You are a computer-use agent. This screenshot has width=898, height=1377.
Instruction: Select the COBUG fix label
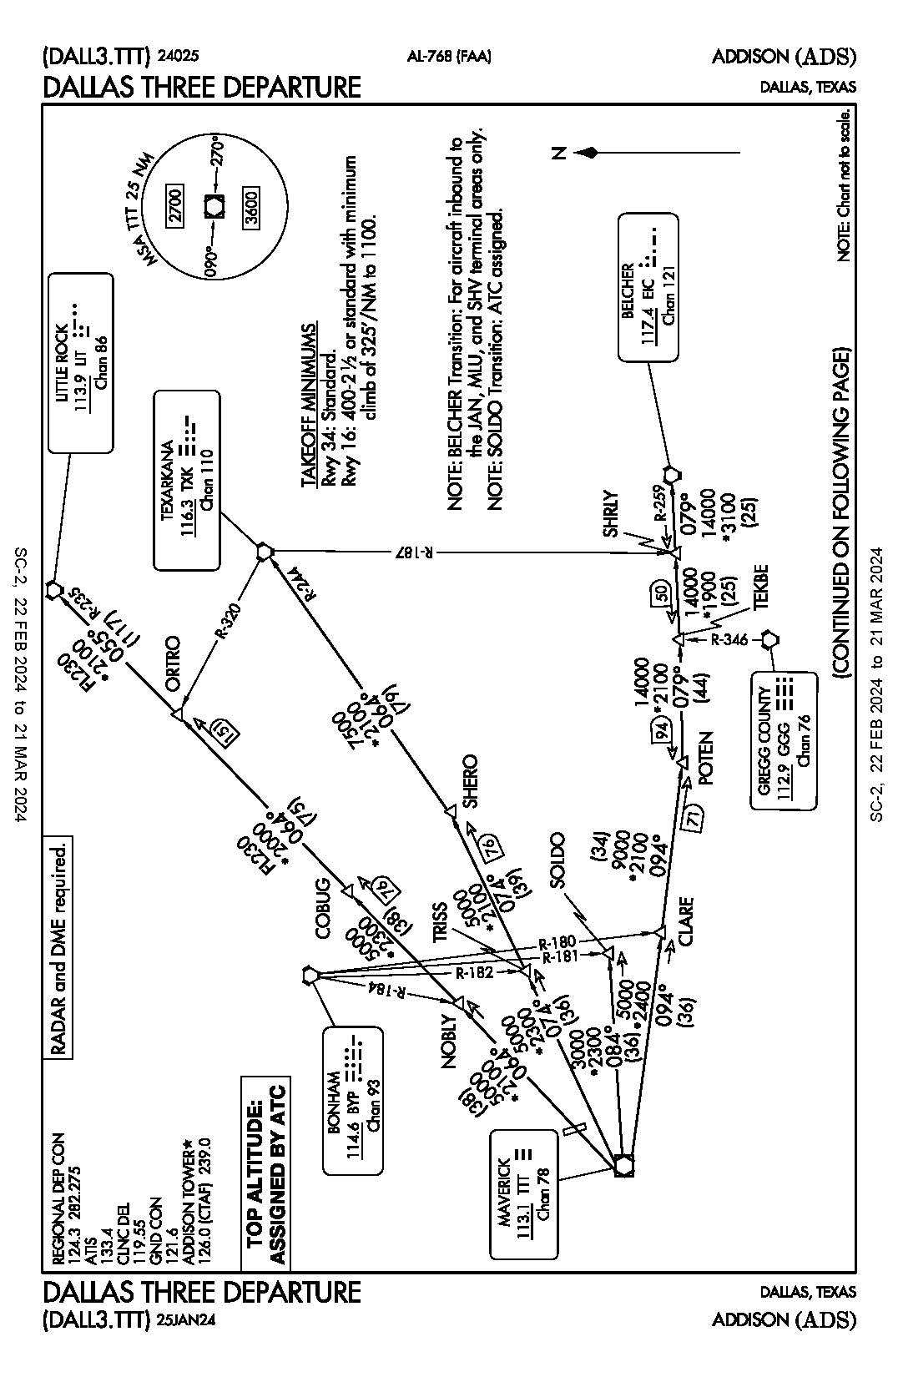tap(324, 910)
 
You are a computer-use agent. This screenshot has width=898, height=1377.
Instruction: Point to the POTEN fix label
tap(706, 758)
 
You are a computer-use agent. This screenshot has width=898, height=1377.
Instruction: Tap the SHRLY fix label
tap(612, 513)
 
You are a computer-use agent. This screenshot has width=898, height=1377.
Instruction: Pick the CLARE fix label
tap(686, 921)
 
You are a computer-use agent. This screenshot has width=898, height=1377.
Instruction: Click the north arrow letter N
tap(559, 152)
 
